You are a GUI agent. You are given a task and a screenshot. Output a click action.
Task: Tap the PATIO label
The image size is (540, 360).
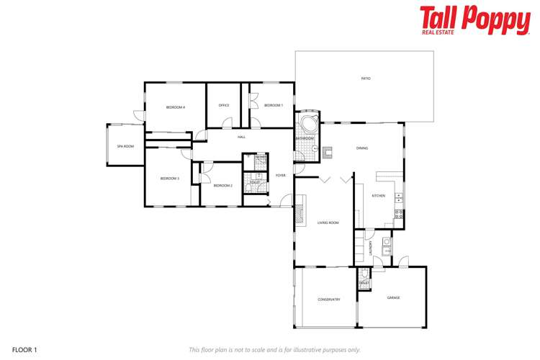[x=366, y=78]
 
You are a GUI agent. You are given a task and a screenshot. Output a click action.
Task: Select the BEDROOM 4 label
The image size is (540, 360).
[x=176, y=107]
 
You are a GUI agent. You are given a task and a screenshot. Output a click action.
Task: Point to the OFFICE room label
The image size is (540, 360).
[x=224, y=106]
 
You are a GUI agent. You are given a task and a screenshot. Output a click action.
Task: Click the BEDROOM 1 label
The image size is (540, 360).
[x=274, y=106]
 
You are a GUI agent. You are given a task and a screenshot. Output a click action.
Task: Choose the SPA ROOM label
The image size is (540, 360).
[x=125, y=146]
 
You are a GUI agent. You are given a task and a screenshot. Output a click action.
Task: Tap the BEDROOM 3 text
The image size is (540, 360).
[x=169, y=178]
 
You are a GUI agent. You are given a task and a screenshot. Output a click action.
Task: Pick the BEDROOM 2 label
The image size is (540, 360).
[x=222, y=185]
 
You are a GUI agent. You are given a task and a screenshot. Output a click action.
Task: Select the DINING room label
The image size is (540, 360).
[x=362, y=148]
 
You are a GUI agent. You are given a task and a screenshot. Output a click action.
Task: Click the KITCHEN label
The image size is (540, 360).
[x=379, y=196]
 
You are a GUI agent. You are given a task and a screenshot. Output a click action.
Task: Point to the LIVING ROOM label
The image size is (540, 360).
[x=328, y=223]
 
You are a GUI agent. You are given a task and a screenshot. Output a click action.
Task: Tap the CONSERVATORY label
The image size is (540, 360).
[x=328, y=299]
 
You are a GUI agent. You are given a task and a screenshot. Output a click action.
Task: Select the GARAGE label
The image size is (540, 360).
[x=393, y=297]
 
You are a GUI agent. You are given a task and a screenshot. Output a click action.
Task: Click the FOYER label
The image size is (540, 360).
[x=281, y=175]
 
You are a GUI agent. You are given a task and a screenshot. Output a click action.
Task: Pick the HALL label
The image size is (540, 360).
[x=242, y=137]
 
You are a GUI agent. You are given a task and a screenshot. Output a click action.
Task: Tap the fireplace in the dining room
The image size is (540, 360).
[x=328, y=151]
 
